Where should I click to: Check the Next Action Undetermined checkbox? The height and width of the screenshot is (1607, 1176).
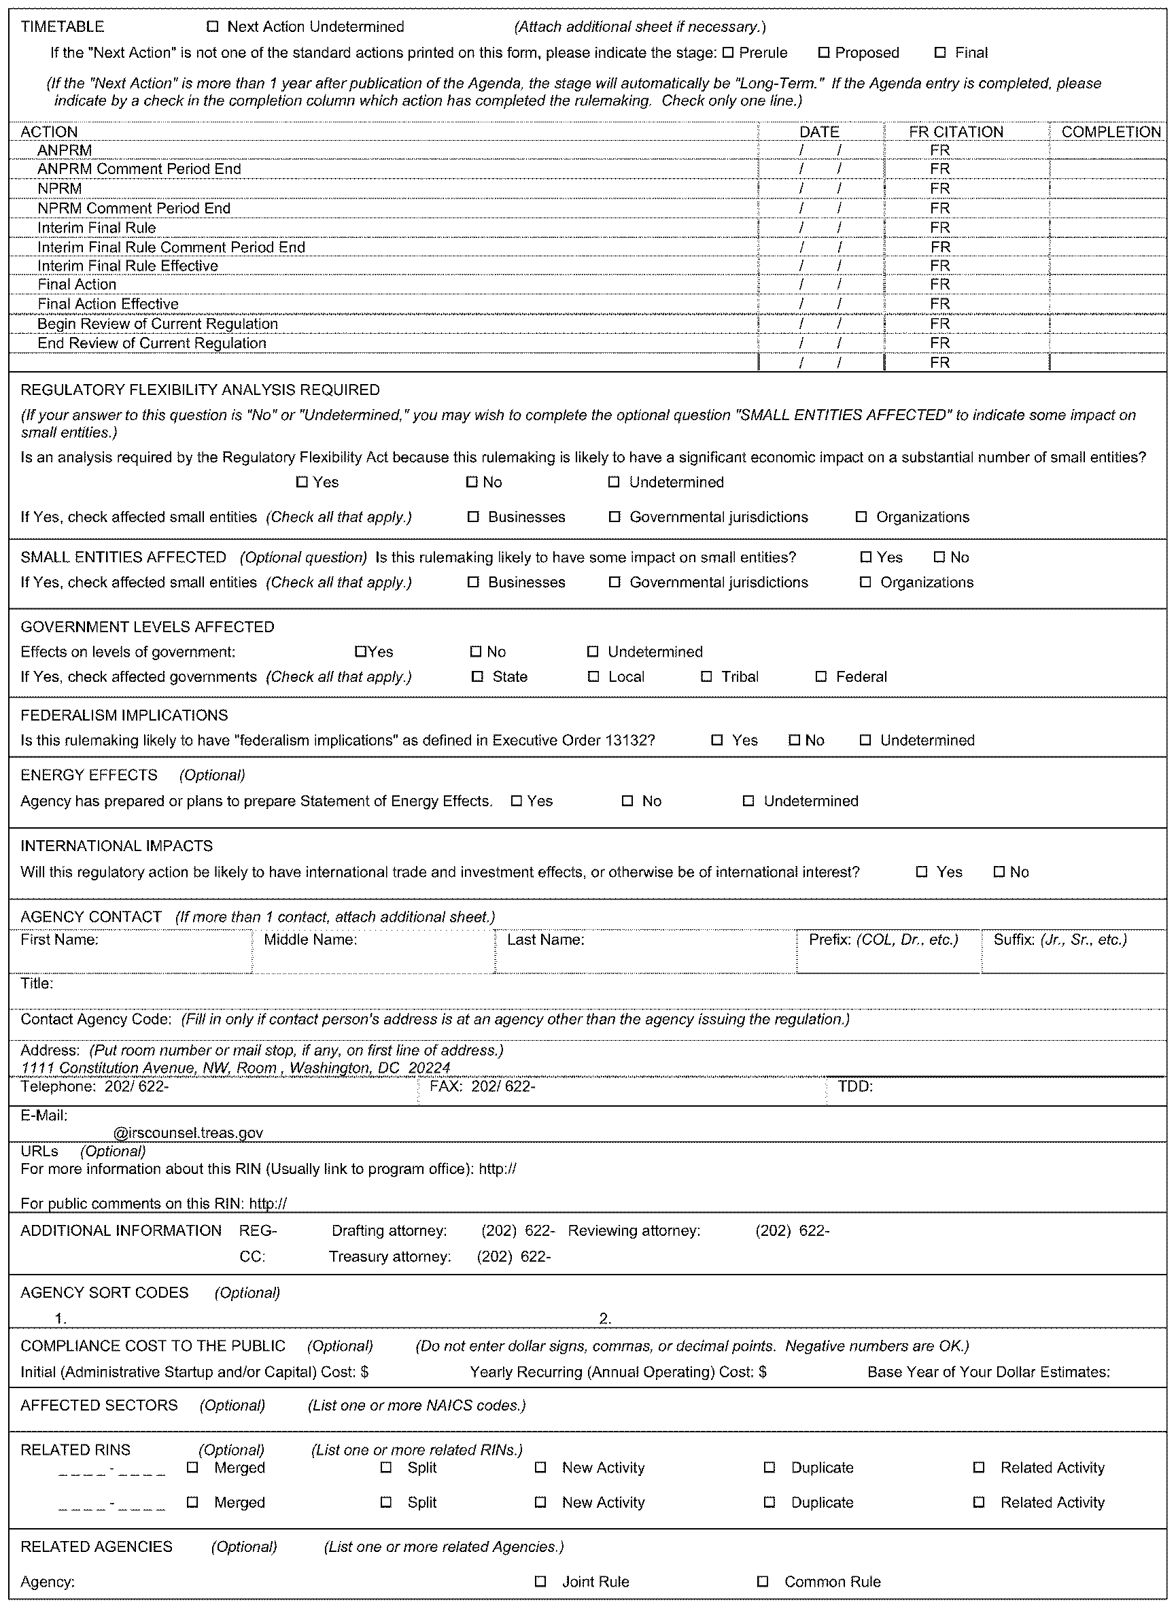(212, 27)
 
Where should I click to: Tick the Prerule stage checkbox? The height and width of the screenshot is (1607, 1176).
(727, 52)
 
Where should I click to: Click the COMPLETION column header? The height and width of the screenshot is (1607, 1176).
(1111, 132)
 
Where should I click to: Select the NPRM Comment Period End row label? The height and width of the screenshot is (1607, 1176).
(134, 208)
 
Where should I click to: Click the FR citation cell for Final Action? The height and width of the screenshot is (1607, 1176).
(939, 285)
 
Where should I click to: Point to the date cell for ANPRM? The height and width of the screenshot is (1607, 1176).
(820, 150)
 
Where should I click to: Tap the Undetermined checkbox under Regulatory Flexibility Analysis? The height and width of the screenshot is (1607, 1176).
(614, 483)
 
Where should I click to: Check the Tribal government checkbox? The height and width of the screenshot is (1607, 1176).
(706, 677)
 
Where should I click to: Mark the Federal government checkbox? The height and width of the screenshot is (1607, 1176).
(820, 677)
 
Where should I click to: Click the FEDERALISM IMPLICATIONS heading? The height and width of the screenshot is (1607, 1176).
(124, 715)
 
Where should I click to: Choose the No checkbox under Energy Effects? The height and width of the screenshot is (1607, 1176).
(627, 801)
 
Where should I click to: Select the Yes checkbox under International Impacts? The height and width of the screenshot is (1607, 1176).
(922, 872)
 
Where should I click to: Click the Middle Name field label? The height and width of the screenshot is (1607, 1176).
(311, 940)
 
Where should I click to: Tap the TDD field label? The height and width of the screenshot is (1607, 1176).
(855, 1087)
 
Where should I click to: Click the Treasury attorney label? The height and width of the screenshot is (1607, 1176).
(390, 1257)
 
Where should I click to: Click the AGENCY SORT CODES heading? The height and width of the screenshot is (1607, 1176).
(105, 1292)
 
